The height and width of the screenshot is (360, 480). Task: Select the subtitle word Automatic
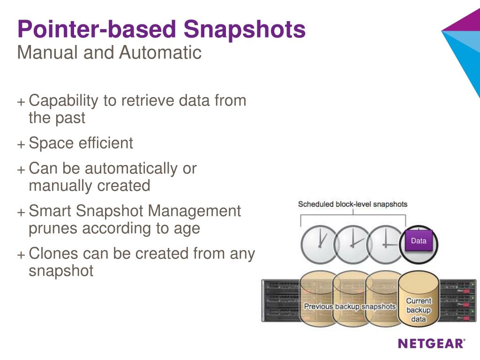(x=160, y=52)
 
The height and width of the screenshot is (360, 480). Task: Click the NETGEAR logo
(x=432, y=344)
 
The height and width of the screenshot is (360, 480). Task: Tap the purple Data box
(x=419, y=241)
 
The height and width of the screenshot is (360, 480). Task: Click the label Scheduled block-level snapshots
(x=352, y=204)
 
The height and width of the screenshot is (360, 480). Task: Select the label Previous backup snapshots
(x=350, y=307)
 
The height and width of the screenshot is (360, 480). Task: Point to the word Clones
(x=54, y=254)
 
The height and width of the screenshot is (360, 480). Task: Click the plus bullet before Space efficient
(x=21, y=144)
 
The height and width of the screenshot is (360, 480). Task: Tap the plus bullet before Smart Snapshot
(x=21, y=212)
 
